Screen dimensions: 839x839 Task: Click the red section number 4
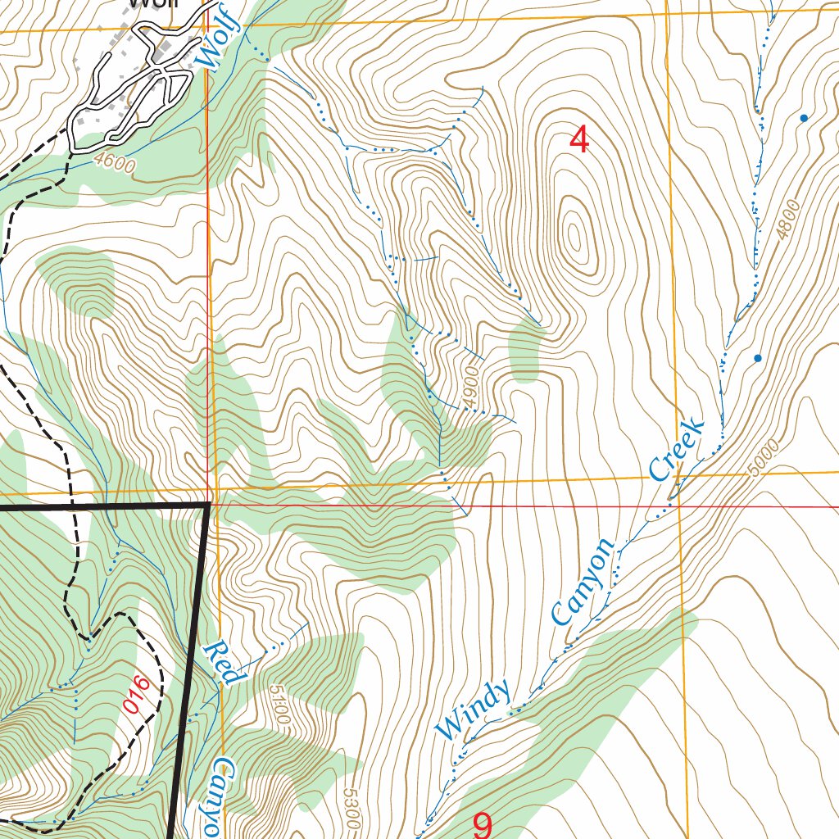pyautogui.click(x=579, y=140)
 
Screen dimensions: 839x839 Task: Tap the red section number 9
pyautogui.click(x=483, y=824)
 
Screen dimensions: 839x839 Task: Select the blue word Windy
pyautogui.click(x=473, y=709)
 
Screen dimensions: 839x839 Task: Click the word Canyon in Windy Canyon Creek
pyautogui.click(x=583, y=581)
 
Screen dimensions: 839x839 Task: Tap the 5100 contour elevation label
pyautogui.click(x=277, y=704)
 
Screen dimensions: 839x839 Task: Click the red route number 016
pyautogui.click(x=137, y=693)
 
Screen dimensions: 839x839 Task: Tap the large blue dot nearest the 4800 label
pyautogui.click(x=804, y=118)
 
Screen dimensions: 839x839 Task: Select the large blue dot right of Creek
pyautogui.click(x=757, y=358)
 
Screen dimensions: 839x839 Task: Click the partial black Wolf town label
pyautogui.click(x=151, y=4)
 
